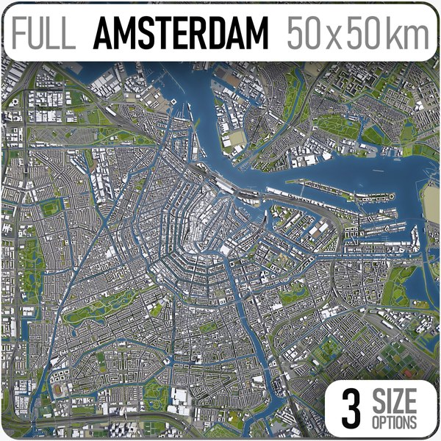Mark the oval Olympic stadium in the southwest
59,390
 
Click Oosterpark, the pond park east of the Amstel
294,294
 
